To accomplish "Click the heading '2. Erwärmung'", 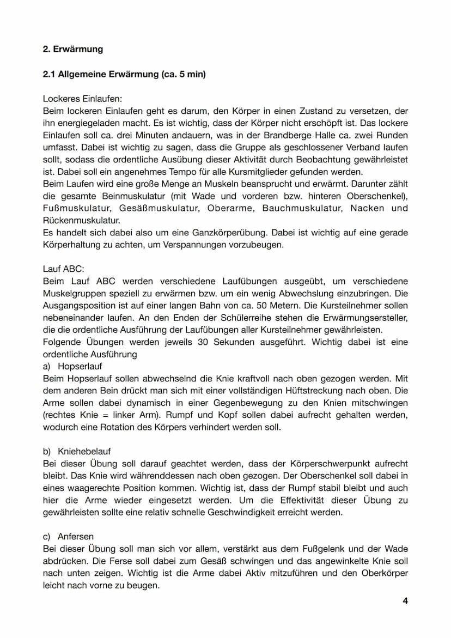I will (72, 49).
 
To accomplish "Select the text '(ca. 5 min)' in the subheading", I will (184, 74).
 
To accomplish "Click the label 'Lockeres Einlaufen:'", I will (82, 99).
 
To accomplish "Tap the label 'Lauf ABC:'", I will (63, 269).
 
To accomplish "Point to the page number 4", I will (405, 601).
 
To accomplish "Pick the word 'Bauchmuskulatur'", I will (302, 208).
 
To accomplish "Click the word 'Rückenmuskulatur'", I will (81, 220).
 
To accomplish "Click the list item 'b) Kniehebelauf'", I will (77, 452).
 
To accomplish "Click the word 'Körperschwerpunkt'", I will (332, 464).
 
